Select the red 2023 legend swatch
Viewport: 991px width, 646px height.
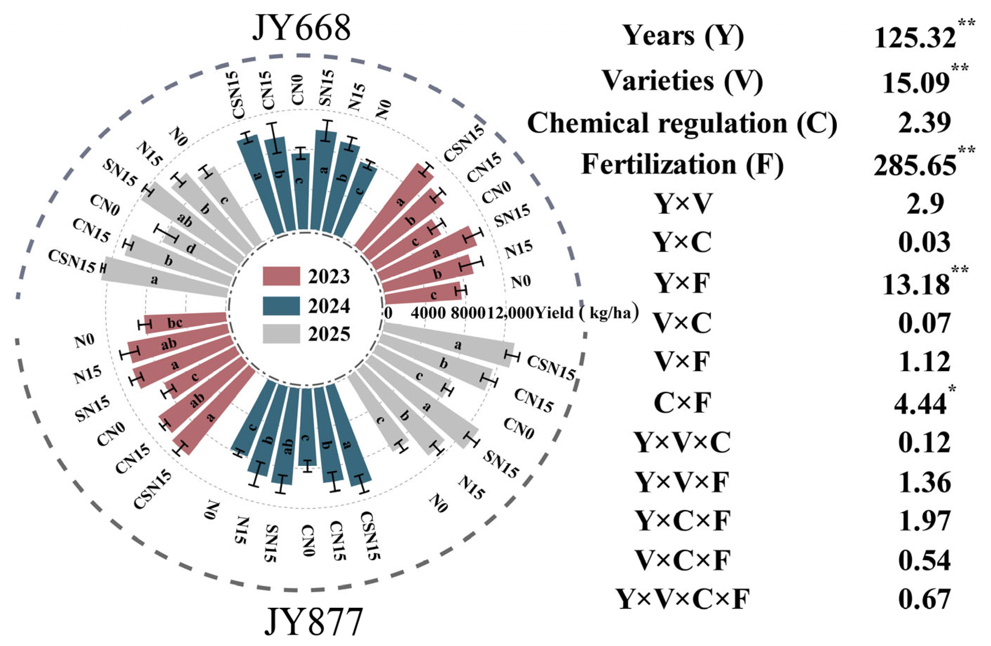click(281, 276)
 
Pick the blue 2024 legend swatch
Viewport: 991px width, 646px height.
click(281, 306)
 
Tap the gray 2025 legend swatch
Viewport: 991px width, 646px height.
click(281, 334)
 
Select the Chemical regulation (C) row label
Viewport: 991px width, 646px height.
click(682, 123)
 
